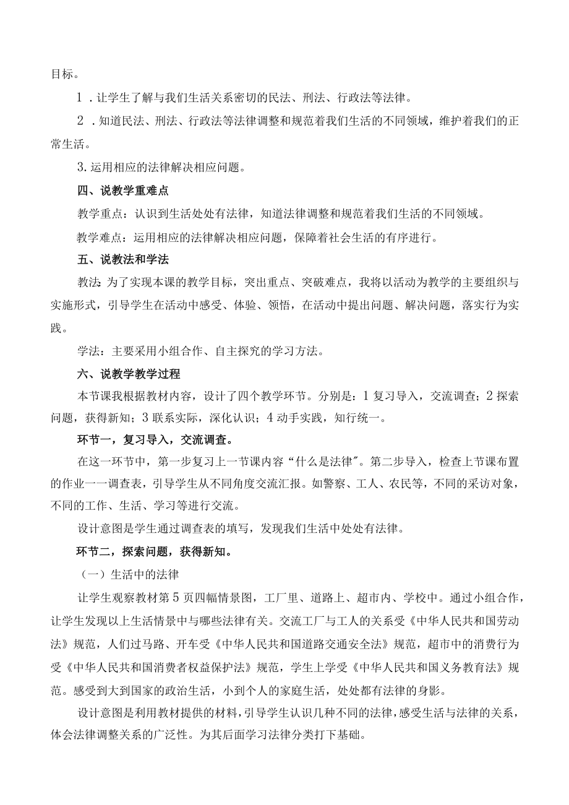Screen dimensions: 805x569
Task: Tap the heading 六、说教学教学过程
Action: [x=127, y=374]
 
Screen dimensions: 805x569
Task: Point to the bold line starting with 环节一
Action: [x=154, y=441]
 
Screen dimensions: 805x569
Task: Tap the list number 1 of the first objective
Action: [x=80, y=98]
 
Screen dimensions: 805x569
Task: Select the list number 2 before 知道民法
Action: [x=80, y=121]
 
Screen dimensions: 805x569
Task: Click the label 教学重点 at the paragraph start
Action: [x=99, y=214]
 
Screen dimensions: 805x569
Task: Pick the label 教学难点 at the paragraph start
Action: [x=99, y=236]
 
